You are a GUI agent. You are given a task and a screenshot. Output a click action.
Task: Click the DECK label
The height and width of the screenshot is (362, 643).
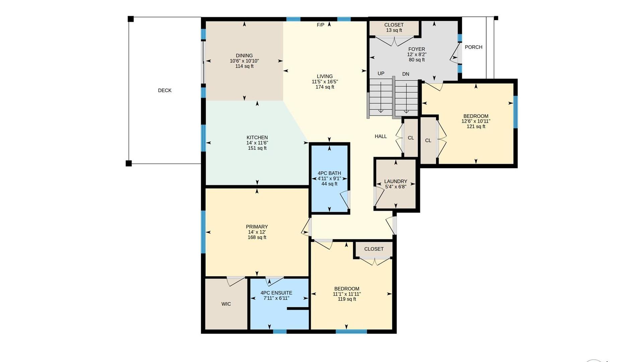(x=164, y=90)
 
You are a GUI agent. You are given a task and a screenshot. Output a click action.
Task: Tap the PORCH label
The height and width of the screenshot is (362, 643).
(x=474, y=47)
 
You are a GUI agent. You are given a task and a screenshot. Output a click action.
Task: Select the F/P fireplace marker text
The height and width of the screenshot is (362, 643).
(x=320, y=25)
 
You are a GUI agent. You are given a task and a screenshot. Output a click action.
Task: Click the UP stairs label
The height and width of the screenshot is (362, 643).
(x=381, y=74)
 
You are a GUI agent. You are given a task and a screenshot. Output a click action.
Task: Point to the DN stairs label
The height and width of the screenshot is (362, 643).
(x=406, y=74)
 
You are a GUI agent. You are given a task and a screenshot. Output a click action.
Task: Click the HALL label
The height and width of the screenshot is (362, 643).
(x=381, y=136)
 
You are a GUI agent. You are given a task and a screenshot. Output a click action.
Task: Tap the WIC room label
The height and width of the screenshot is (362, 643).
(x=226, y=304)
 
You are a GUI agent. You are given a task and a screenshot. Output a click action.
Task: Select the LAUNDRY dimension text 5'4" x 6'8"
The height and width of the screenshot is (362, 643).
(x=396, y=187)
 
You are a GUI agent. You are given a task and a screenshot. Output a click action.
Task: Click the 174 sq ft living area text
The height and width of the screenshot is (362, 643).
(x=325, y=87)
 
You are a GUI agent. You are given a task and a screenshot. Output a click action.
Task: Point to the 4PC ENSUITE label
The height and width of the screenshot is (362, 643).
(x=276, y=293)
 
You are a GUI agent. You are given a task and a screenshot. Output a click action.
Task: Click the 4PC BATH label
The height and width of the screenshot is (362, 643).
(x=329, y=173)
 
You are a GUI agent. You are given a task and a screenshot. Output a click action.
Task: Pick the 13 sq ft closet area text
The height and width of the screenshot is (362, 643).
(x=394, y=30)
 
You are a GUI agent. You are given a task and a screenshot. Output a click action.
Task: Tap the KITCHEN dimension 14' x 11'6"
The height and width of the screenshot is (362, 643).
(x=257, y=143)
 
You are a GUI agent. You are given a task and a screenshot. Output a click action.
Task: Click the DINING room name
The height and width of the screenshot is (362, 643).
(x=244, y=56)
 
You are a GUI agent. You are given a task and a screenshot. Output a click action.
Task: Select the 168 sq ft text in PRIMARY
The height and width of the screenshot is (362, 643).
(x=257, y=237)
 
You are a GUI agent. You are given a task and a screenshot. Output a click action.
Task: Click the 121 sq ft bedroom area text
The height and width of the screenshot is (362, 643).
(x=476, y=126)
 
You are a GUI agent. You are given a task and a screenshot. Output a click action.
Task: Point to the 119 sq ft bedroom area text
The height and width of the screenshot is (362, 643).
(x=347, y=299)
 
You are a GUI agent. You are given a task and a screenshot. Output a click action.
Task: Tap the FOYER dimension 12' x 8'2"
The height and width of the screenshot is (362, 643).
(x=417, y=54)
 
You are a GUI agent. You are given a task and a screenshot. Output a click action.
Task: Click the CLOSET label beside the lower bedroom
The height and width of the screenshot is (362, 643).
(x=374, y=249)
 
